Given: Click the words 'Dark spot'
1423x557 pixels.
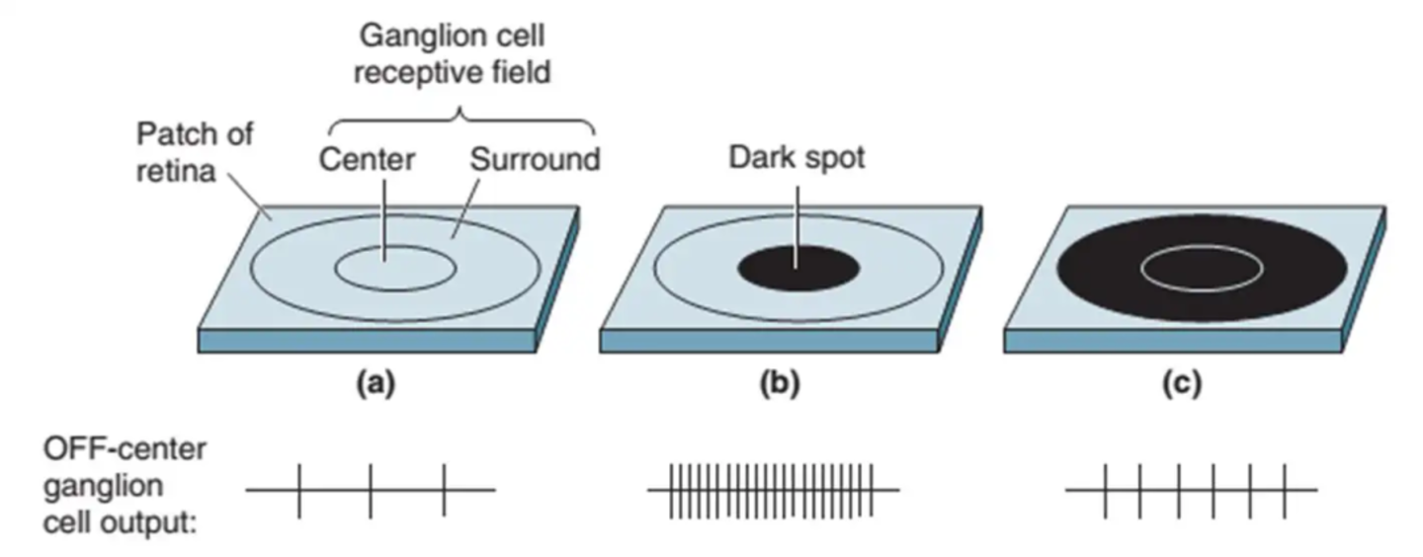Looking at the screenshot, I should click(x=796, y=157).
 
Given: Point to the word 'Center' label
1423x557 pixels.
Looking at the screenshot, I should click(x=368, y=159).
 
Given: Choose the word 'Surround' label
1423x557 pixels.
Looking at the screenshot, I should click(x=535, y=159).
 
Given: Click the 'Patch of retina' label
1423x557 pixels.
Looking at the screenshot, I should click(x=194, y=152).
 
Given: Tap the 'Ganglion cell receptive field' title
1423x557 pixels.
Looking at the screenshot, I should click(x=452, y=53).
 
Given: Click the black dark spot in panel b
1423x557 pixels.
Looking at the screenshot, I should click(x=798, y=268).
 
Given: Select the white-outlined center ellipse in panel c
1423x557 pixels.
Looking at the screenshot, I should click(x=1202, y=267).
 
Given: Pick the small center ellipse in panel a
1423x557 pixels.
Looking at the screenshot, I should click(x=395, y=268).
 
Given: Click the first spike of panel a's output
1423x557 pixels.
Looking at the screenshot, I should click(x=299, y=490).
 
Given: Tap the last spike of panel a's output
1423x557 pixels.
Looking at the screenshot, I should click(x=444, y=490).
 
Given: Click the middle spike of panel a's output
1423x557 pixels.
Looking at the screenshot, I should click(x=372, y=490).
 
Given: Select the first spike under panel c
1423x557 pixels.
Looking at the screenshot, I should click(x=1106, y=490).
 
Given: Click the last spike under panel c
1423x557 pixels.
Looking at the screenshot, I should click(x=1285, y=490).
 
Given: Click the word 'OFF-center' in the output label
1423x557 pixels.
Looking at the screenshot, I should click(x=125, y=449).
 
